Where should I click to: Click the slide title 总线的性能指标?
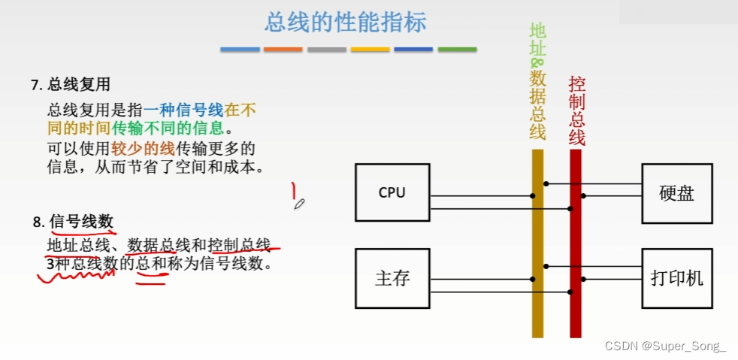click(x=345, y=22)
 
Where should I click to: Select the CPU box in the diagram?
click(x=392, y=192)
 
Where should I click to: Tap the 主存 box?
click(x=392, y=278)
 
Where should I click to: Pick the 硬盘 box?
click(x=676, y=192)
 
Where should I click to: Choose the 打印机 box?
click(x=676, y=277)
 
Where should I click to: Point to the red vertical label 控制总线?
click(x=576, y=110)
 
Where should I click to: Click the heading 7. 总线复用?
click(x=71, y=85)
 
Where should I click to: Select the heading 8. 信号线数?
click(x=73, y=222)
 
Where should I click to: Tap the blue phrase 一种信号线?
click(x=183, y=110)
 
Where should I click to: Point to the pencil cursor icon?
click(x=299, y=203)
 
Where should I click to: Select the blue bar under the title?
click(x=240, y=50)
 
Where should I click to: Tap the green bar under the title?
click(x=457, y=50)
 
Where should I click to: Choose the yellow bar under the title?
click(x=370, y=50)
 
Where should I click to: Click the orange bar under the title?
click(x=283, y=50)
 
